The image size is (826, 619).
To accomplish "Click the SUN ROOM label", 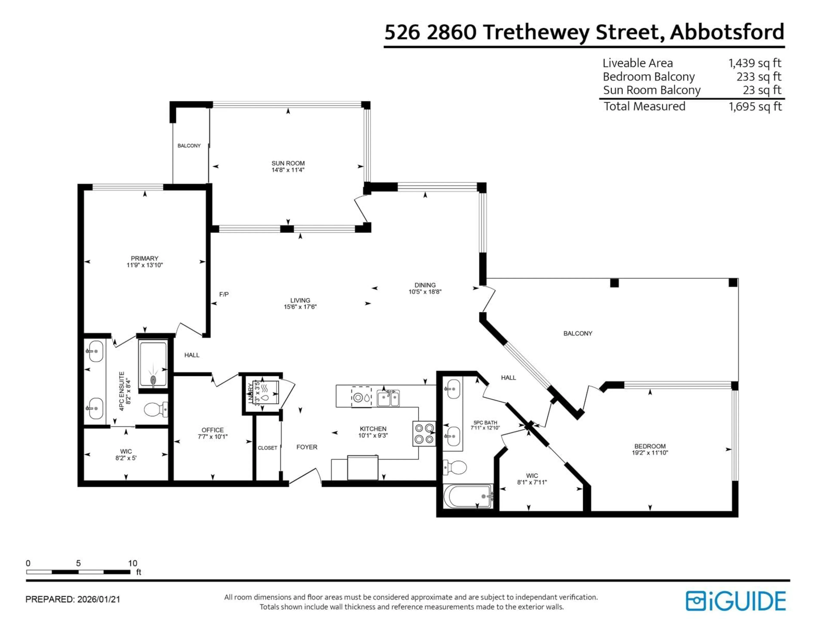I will [288, 163].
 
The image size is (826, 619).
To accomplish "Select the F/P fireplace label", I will [224, 294].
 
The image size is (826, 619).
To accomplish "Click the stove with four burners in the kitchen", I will [424, 434].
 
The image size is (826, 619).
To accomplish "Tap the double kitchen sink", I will [388, 398].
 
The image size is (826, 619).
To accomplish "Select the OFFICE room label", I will [213, 430].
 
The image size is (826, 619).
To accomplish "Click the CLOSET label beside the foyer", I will [267, 448].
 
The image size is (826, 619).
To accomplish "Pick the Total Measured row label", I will [644, 106].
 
